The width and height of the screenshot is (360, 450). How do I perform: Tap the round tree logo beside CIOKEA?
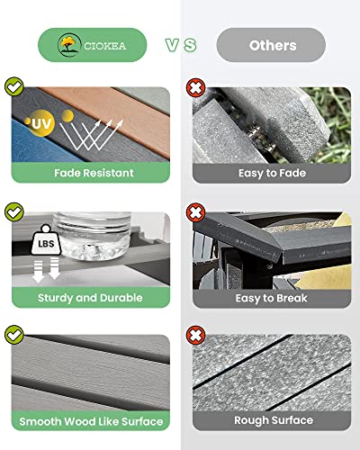click(x=67, y=44)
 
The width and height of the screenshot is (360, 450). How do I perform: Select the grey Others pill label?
click(x=273, y=45)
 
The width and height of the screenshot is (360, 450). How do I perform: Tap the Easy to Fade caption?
click(x=273, y=172)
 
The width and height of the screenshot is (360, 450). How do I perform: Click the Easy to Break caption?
click(x=273, y=297)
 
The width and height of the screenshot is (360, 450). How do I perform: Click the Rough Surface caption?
click(x=273, y=421)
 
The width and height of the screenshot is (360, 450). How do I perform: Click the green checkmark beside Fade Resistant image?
click(x=14, y=87)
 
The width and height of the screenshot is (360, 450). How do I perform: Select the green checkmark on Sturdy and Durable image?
click(x=14, y=212)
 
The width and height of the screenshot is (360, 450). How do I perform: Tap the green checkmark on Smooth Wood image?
click(x=14, y=335)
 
